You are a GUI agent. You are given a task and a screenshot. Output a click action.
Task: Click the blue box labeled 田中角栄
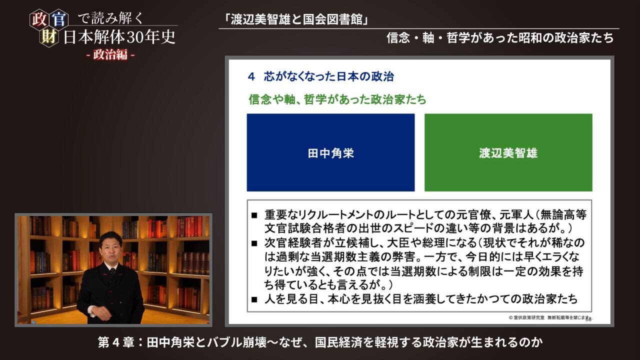[x=330, y=152]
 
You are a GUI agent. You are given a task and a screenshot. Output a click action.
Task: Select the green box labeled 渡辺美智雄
[x=508, y=152]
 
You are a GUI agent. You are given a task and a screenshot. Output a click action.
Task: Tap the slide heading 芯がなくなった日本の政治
[x=328, y=76]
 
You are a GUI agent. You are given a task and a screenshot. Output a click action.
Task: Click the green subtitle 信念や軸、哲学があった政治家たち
[x=337, y=99]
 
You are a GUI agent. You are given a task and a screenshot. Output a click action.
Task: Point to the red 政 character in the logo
[x=38, y=19]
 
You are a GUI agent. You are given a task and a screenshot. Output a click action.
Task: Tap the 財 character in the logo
[x=49, y=37]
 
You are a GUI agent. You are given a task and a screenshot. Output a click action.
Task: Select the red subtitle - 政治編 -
[x=109, y=55]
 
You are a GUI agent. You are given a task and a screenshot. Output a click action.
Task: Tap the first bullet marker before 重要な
[x=254, y=215]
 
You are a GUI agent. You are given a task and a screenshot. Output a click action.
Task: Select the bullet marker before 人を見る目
[x=254, y=300]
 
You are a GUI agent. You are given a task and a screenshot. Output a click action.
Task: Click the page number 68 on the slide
[x=588, y=319]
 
